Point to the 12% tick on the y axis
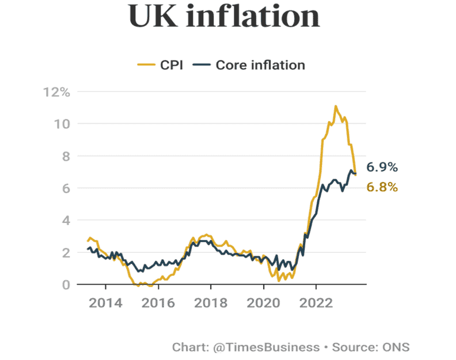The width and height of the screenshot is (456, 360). pos(56,92)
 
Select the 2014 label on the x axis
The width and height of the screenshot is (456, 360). pos(105,304)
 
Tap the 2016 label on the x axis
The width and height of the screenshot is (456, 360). pos(158,304)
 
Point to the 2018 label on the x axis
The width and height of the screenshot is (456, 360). pos(210,304)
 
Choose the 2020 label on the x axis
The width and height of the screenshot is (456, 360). pos(263,304)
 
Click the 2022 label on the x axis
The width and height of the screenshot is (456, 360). pos(316,304)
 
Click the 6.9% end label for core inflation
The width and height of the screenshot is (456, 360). pos(382,168)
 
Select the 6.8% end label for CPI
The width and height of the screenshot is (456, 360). pos(382,187)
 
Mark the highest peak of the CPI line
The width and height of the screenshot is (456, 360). pos(336,107)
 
